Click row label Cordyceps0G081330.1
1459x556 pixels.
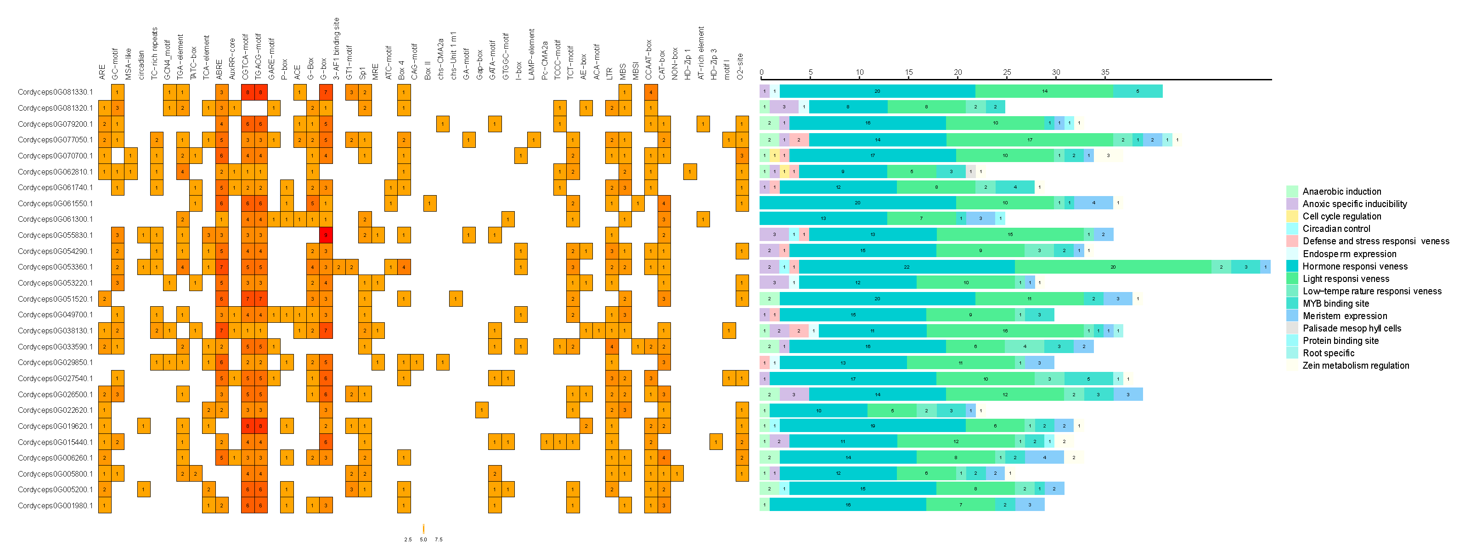pos(55,92)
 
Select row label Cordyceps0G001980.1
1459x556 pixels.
pos(55,505)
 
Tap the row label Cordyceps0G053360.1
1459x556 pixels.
pos(55,267)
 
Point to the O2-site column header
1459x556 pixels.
pos(740,66)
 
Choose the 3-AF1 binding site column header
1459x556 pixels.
pos(337,48)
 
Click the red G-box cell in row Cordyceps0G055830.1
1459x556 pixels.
pos(326,235)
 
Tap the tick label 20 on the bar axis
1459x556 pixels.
pos(958,72)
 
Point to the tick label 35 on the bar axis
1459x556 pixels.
pos(1105,72)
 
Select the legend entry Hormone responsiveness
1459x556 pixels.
pos(1354,266)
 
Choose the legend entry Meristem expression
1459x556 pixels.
pos(1345,316)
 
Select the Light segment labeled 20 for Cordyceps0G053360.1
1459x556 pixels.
pos(1113,267)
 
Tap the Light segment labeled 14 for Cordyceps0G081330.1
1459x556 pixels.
pos(1044,91)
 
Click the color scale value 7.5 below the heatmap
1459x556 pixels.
pos(439,539)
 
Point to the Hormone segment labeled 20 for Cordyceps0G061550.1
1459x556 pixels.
pos(857,202)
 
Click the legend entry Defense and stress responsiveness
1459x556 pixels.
pos(1375,241)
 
